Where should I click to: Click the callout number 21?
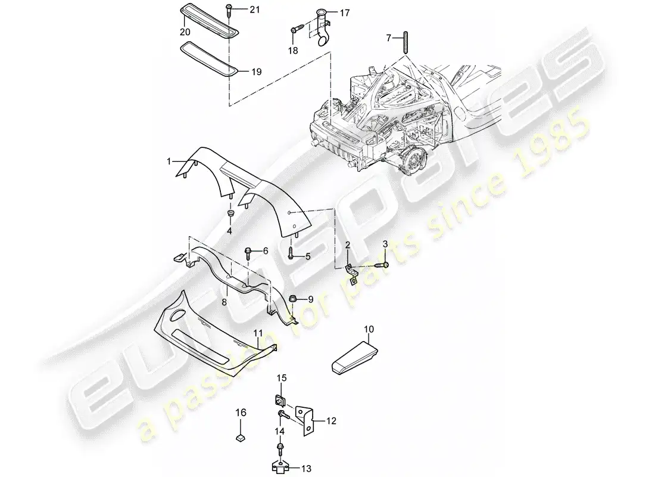click(254, 9)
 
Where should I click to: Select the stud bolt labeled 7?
click(405, 43)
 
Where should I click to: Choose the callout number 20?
click(185, 32)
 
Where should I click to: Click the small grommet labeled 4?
click(229, 215)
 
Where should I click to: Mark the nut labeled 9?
click(293, 299)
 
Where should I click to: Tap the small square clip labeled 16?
click(241, 438)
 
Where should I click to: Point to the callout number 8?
click(224, 302)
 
